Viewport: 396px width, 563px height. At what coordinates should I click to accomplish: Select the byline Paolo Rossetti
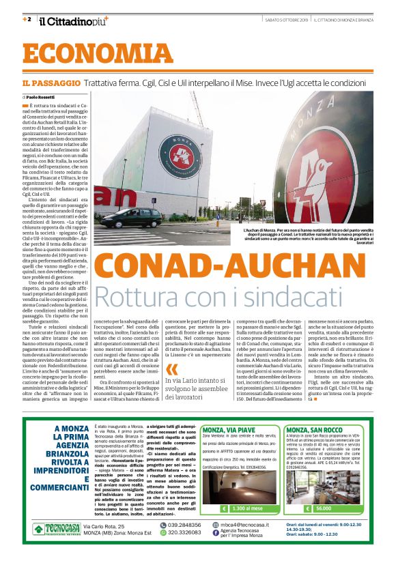42,98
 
